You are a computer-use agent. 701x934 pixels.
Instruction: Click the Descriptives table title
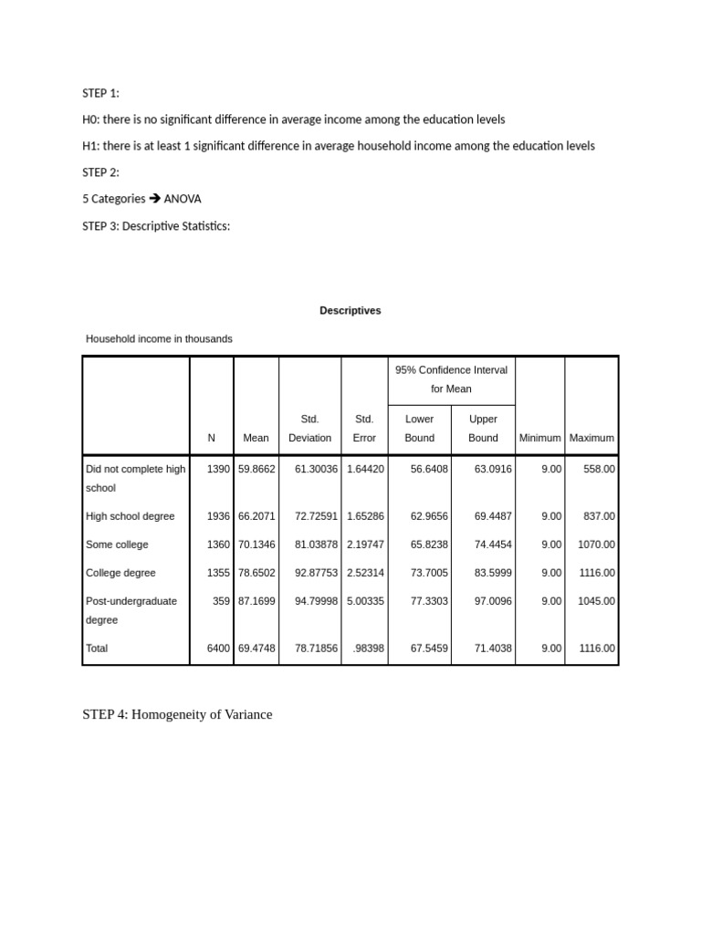point(350,311)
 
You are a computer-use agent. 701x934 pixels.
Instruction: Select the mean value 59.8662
point(256,469)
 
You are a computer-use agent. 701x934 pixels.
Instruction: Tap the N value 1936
point(218,516)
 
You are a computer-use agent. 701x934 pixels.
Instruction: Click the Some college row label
point(117,545)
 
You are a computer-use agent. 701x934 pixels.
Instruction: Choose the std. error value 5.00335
point(365,601)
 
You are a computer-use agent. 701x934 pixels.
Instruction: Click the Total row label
point(97,649)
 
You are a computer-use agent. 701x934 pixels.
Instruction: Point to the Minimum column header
point(539,438)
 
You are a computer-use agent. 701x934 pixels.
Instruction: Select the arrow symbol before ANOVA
point(154,199)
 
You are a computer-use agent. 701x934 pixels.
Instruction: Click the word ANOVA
point(183,199)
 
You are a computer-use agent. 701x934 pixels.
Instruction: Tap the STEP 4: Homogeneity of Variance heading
point(177,714)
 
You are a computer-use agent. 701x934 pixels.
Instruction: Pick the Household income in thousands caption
point(159,338)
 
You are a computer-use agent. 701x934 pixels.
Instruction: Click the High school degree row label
point(130,516)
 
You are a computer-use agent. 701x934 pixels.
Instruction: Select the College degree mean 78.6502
point(256,573)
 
